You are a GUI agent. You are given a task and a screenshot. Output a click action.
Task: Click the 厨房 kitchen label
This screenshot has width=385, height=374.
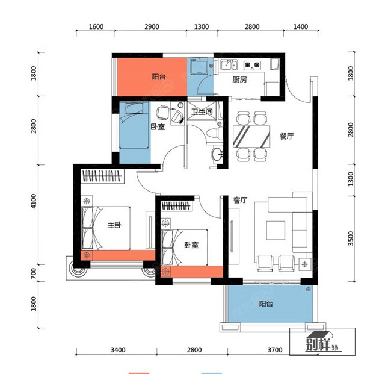239,79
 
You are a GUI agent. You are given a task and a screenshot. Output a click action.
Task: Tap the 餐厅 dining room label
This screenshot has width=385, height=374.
286,136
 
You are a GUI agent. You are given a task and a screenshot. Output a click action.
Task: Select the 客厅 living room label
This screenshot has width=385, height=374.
240,200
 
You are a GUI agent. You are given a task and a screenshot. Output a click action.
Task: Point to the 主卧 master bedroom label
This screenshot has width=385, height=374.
114,225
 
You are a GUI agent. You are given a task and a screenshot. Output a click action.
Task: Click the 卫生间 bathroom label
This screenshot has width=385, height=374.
202,112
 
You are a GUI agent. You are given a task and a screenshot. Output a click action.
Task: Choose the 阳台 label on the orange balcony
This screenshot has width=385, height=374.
159,76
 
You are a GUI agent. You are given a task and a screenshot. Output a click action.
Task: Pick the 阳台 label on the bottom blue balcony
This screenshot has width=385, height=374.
266,304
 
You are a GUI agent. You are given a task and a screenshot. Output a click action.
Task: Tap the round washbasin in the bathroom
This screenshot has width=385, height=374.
217,154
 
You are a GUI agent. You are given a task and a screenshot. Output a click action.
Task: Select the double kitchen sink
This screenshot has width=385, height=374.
229,65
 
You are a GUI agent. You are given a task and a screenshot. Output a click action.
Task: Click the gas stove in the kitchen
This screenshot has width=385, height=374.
252,65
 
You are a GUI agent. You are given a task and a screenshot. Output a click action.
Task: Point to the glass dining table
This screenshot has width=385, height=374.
251,137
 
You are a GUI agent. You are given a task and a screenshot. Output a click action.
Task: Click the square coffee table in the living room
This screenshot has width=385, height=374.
276,231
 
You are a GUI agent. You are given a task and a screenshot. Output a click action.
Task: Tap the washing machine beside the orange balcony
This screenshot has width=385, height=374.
199,66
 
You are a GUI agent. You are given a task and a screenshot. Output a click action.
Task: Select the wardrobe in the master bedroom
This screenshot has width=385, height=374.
102,176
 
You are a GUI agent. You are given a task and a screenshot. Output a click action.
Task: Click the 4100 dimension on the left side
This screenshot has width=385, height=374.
34,201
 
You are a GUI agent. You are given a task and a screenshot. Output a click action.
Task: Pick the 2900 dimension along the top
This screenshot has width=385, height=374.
152,26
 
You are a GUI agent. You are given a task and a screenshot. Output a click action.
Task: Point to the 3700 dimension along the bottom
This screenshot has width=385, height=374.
275,349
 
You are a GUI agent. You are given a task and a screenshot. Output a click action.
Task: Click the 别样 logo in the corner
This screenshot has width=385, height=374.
322,342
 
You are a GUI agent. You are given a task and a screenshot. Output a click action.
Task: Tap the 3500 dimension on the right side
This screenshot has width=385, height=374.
351,238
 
